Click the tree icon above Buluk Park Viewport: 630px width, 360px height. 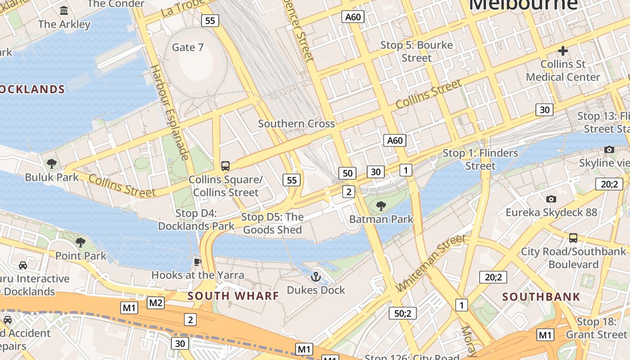tap(52, 163)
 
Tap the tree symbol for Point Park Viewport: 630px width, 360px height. tap(81, 243)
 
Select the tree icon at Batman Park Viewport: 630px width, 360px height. tap(381, 206)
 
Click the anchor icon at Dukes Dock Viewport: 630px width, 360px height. tap(315, 276)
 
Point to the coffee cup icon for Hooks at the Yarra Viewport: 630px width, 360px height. tap(197, 262)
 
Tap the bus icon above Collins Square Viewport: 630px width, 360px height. tap(225, 166)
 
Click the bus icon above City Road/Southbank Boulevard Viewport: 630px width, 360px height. tap(573, 238)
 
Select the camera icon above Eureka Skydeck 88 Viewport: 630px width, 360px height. tap(551, 199)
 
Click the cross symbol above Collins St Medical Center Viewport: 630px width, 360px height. tap(563, 51)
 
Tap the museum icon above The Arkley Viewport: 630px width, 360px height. tap(64, 10)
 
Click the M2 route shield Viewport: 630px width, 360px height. tap(156, 303)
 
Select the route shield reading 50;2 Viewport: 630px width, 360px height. tap(402, 313)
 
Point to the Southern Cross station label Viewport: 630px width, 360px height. tap(296, 124)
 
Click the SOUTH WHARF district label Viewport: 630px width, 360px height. tap(233, 296)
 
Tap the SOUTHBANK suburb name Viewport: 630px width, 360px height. tap(541, 297)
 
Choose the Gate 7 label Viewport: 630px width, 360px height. tap(188, 47)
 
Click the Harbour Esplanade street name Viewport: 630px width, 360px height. tap(169, 112)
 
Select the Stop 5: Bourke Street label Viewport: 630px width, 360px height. tap(417, 51)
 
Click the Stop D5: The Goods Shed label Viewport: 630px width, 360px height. tap(272, 223)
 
